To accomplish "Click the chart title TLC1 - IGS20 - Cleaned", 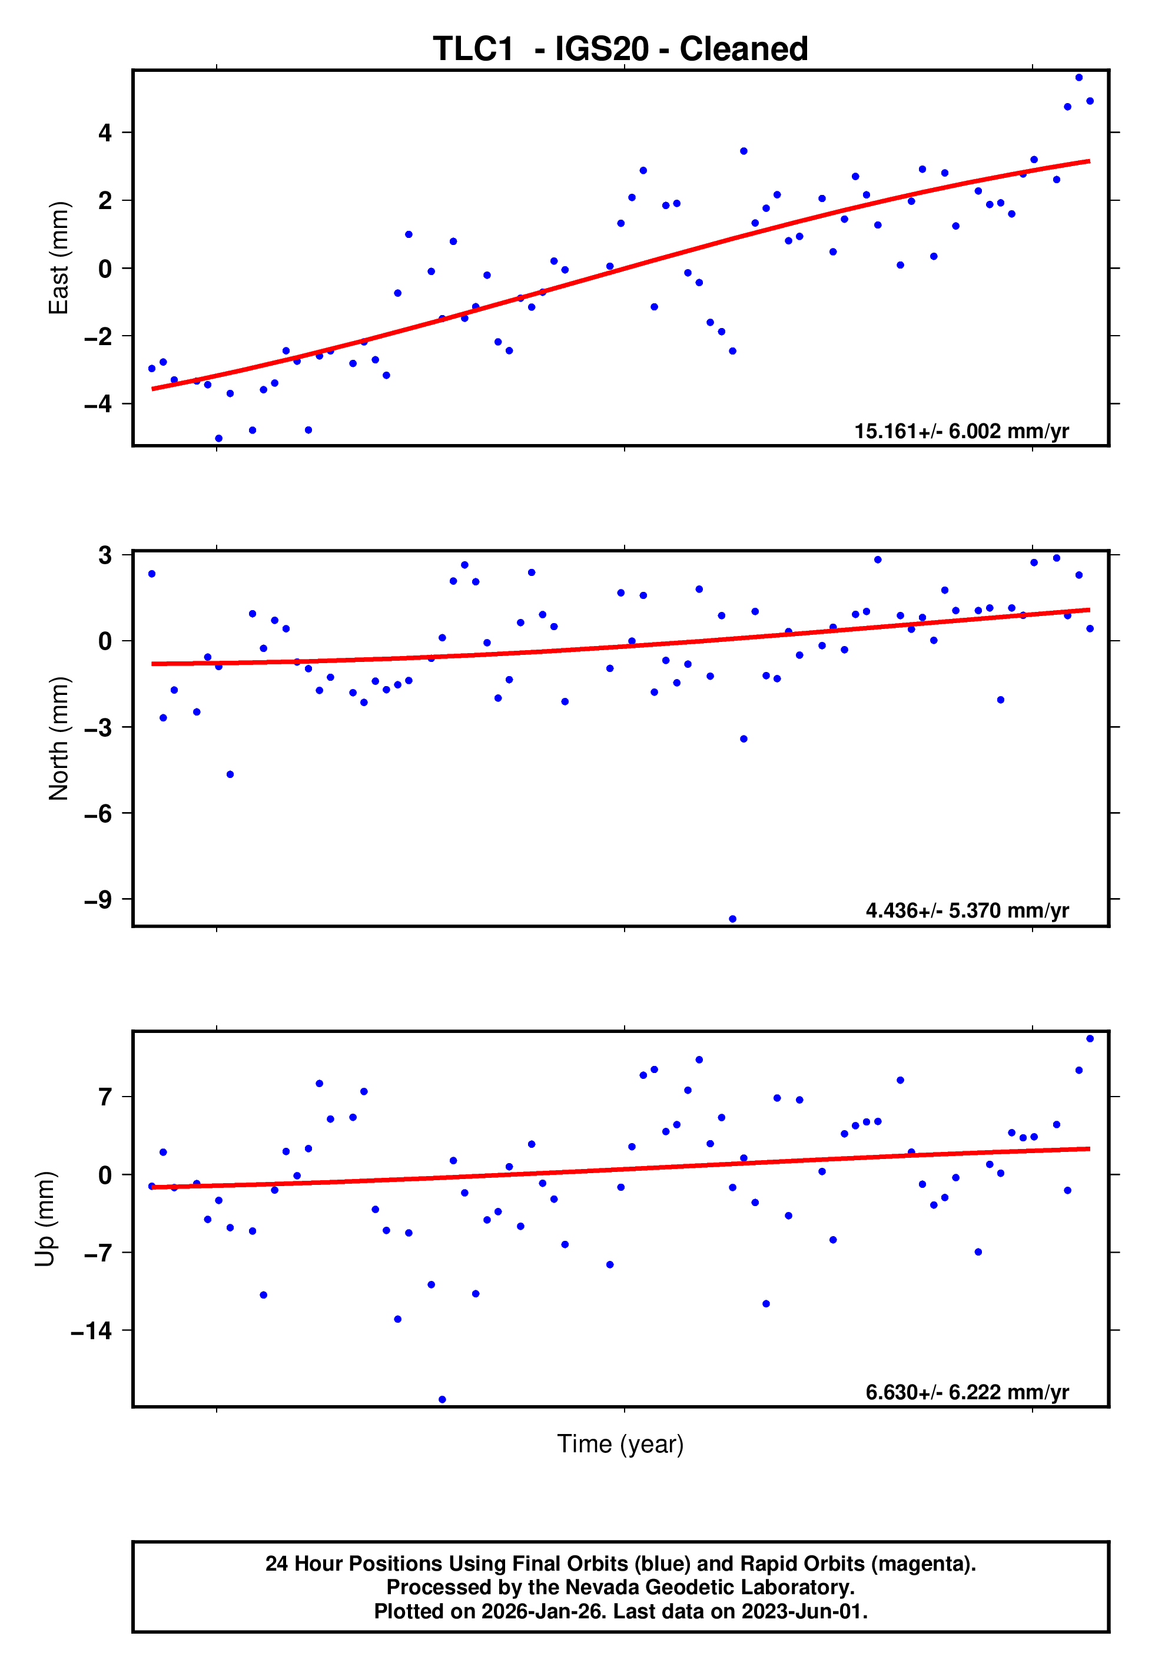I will pyautogui.click(x=620, y=49).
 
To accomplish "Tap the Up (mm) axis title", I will pyautogui.click(x=45, y=1219).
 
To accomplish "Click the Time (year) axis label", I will pyautogui.click(x=620, y=1444).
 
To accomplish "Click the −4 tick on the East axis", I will pyautogui.click(x=98, y=404).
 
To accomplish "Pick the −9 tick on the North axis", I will pyautogui.click(x=98, y=900).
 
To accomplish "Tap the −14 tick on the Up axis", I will pyautogui.click(x=92, y=1330).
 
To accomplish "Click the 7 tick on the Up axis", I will pyautogui.click(x=105, y=1097).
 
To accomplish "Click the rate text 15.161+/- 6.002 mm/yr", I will pyautogui.click(x=961, y=431).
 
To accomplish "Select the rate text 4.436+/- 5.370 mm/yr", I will pyautogui.click(x=967, y=910).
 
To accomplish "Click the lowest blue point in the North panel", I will pyautogui.click(x=732, y=919).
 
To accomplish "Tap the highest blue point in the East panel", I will pyautogui.click(x=1078, y=77).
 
